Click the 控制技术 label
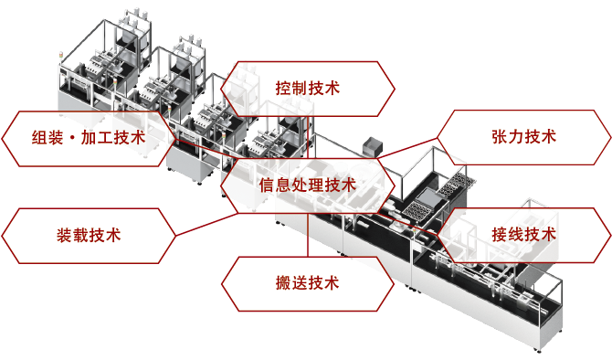(308, 88)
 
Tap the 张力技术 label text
(523, 137)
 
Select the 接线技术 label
(523, 234)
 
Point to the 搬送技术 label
(308, 282)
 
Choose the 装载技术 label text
(89, 234)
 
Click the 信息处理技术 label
(308, 185)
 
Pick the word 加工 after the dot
(98, 138)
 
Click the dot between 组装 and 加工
(72, 138)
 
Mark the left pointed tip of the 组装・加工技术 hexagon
(4, 138)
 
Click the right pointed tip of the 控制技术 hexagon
(395, 88)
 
